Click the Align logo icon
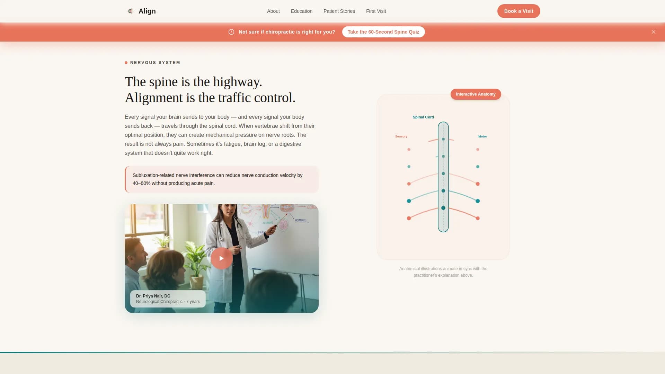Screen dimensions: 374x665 click(130, 11)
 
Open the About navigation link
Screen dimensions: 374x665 click(273, 11)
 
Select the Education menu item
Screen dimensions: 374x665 click(301, 11)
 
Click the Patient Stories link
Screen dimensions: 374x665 click(339, 11)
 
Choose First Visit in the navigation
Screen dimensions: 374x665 click(376, 11)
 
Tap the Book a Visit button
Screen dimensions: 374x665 click(518, 11)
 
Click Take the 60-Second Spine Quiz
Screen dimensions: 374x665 click(383, 32)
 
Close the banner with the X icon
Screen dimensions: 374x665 click(653, 32)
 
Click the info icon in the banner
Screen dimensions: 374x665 click(231, 32)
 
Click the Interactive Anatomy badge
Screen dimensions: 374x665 click(476, 94)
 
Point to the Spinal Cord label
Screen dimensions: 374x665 click(423, 117)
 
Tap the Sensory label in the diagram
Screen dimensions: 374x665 click(401, 136)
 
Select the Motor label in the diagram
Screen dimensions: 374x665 click(482, 136)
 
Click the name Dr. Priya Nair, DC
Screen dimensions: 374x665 click(153, 296)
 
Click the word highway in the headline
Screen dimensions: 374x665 click(237, 82)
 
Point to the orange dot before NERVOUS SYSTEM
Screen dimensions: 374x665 click(126, 63)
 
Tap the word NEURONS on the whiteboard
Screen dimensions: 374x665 click(300, 220)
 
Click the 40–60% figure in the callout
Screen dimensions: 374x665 click(141, 183)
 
